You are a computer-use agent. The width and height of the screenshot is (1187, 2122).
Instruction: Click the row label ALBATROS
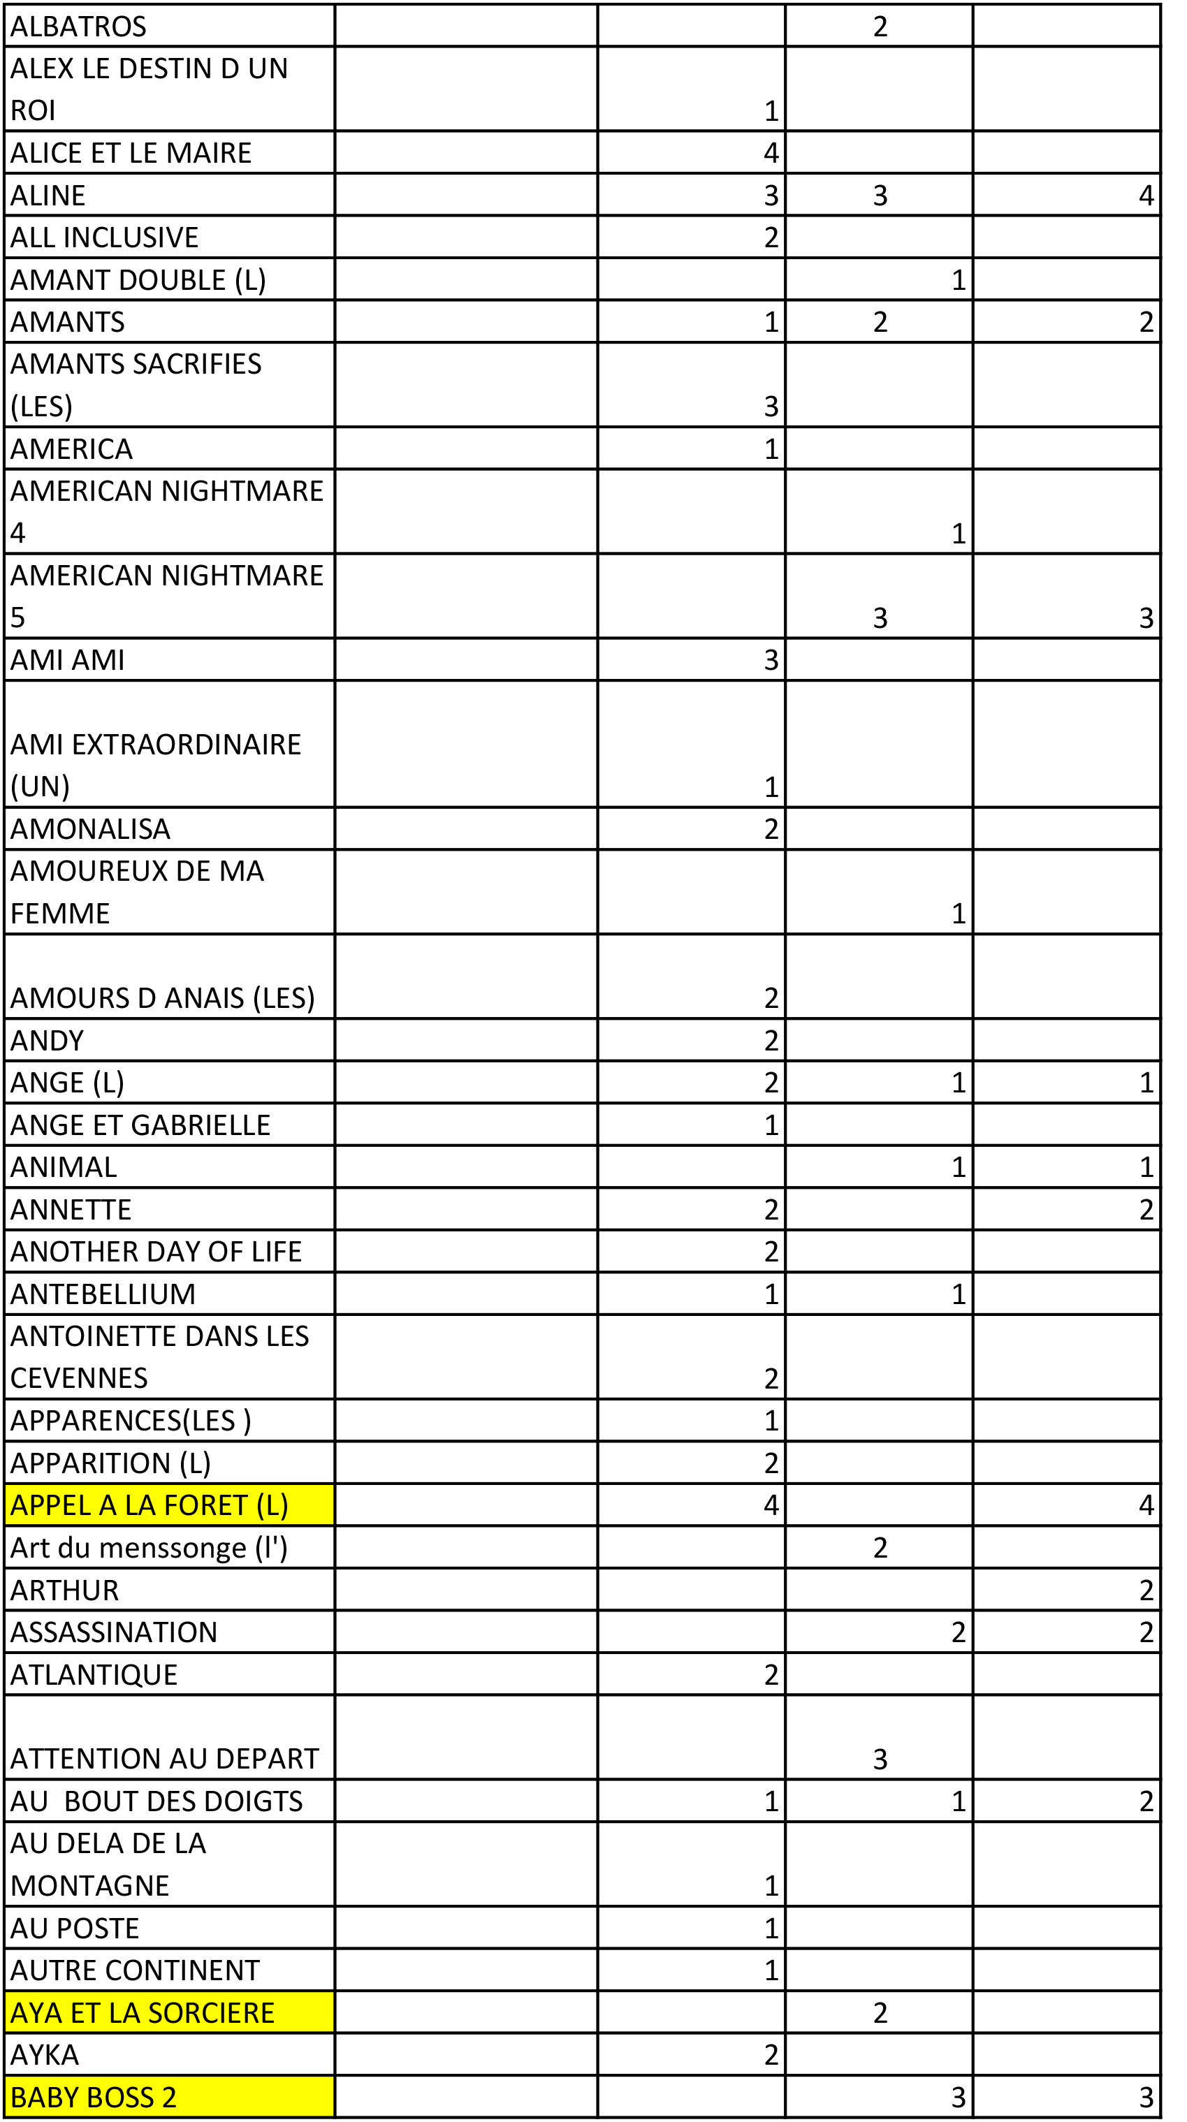tap(78, 27)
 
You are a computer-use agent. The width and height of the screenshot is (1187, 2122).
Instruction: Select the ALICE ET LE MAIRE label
tap(131, 153)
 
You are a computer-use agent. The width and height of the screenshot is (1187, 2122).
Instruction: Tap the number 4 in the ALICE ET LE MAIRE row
tap(771, 153)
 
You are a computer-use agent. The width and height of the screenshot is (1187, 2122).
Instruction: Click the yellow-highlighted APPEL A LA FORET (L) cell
tap(149, 1505)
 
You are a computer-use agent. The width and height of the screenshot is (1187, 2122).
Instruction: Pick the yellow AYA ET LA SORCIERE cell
tap(142, 2012)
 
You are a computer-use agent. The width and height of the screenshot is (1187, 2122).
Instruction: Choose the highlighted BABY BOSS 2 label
tap(93, 2096)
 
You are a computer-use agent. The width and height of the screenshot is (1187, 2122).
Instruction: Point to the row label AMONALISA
tap(91, 828)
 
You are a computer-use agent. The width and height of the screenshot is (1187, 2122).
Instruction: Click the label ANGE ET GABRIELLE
tap(140, 1125)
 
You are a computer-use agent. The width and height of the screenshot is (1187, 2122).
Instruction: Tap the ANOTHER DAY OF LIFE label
tap(156, 1251)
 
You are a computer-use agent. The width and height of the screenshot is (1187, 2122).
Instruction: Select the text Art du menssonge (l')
tap(149, 1548)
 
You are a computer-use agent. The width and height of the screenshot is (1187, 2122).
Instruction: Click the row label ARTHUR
tap(64, 1590)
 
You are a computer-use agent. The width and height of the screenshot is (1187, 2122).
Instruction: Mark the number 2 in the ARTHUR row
tap(1146, 1590)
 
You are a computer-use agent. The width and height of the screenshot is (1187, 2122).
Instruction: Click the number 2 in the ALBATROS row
tap(880, 27)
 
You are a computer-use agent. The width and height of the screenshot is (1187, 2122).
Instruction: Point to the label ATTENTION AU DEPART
tap(164, 1759)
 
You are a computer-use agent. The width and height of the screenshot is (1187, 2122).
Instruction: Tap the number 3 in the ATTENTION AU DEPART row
tap(880, 1759)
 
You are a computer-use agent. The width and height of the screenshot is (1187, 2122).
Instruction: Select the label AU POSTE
tap(75, 1929)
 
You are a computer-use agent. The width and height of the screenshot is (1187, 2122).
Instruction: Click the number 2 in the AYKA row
tap(771, 2054)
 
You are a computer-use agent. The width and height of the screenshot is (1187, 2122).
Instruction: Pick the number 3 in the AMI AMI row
tap(771, 660)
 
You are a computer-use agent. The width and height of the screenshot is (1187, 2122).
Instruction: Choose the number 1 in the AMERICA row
tap(771, 449)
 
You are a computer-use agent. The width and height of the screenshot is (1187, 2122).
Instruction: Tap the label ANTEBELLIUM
tap(103, 1294)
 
